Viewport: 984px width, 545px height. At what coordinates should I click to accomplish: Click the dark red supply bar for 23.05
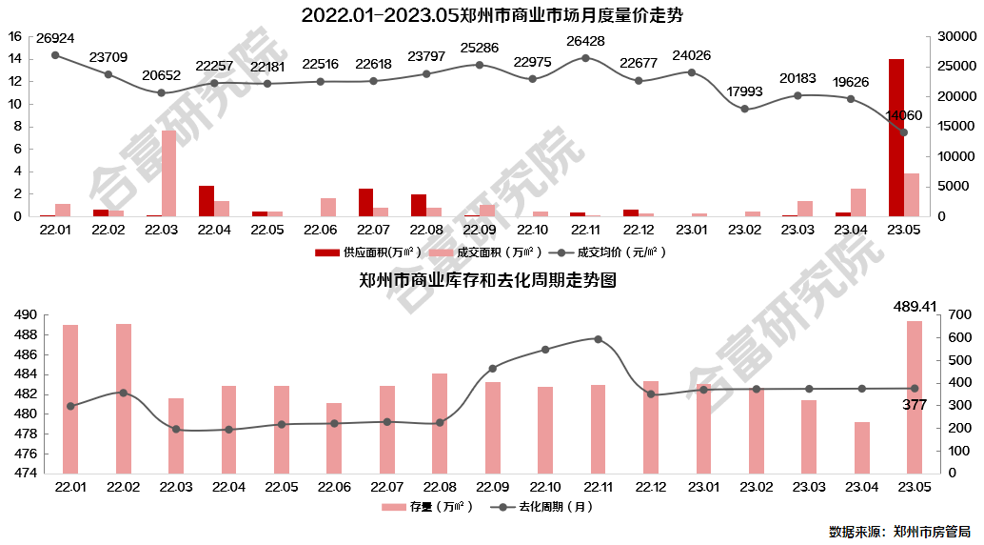[896, 137]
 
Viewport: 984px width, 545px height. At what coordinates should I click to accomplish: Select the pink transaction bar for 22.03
[168, 173]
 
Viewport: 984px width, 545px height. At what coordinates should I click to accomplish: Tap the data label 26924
[55, 39]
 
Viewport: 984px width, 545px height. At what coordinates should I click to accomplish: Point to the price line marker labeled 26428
[585, 58]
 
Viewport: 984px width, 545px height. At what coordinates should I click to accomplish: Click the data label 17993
[745, 91]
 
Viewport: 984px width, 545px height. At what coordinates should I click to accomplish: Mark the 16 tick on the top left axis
[14, 36]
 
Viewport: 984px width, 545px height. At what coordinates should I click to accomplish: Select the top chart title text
[491, 15]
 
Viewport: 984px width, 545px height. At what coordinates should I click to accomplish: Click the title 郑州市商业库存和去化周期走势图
[488, 281]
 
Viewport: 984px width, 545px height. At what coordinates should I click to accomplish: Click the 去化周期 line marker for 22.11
[598, 339]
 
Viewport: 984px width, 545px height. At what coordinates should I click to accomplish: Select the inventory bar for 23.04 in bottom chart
[861, 447]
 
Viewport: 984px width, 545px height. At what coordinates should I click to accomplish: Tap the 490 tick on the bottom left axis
[25, 315]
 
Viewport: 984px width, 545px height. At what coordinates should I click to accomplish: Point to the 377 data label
[915, 405]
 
